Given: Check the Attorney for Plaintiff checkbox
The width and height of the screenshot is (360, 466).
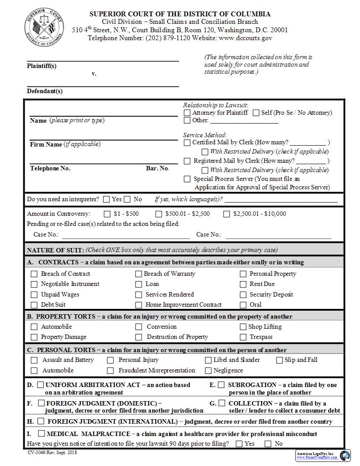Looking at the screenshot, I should [x=187, y=113].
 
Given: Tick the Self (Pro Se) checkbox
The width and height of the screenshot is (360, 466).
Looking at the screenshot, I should [x=256, y=113].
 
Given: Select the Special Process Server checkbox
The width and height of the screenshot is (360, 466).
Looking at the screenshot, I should [x=187, y=179].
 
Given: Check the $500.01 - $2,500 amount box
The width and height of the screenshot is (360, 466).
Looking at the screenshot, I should [x=159, y=214].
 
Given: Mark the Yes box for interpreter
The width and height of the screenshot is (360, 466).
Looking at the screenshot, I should [x=106, y=199].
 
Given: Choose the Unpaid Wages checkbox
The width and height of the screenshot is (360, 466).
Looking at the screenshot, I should [x=34, y=294].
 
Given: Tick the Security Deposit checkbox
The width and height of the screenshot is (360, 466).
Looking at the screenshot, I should [x=243, y=294].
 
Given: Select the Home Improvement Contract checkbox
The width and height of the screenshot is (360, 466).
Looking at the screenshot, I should [x=139, y=305].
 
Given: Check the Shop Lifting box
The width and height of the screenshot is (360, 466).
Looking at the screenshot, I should [x=243, y=327].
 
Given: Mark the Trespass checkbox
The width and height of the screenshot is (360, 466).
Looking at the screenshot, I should [x=243, y=337].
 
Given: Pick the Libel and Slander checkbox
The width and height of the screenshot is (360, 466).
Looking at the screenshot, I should [x=208, y=360].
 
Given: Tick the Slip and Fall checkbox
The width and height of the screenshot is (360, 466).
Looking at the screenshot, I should [x=279, y=360].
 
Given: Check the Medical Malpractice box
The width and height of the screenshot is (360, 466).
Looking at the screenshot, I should [x=41, y=434].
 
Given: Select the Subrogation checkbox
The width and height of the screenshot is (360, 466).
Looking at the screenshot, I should [x=221, y=385].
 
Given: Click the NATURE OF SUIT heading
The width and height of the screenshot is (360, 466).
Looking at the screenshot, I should [x=55, y=250].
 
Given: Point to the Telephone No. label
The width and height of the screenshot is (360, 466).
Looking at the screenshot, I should [x=50, y=168].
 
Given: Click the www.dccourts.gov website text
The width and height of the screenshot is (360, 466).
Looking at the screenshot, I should [x=245, y=38].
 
